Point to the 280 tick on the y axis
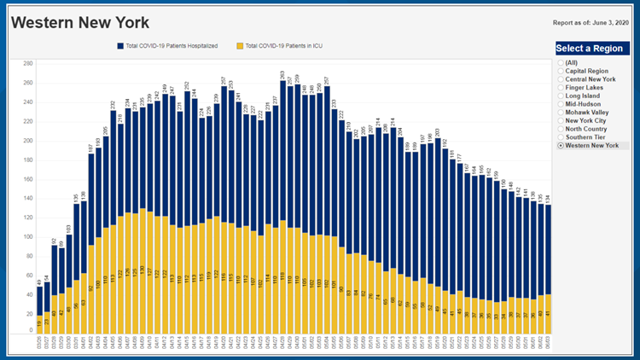pyautogui.click(x=27, y=63)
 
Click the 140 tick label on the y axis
pyautogui.click(x=27, y=198)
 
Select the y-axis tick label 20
pyautogui.click(x=29, y=314)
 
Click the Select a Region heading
pyautogui.click(x=592, y=48)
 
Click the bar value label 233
pyautogui.click(x=334, y=102)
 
